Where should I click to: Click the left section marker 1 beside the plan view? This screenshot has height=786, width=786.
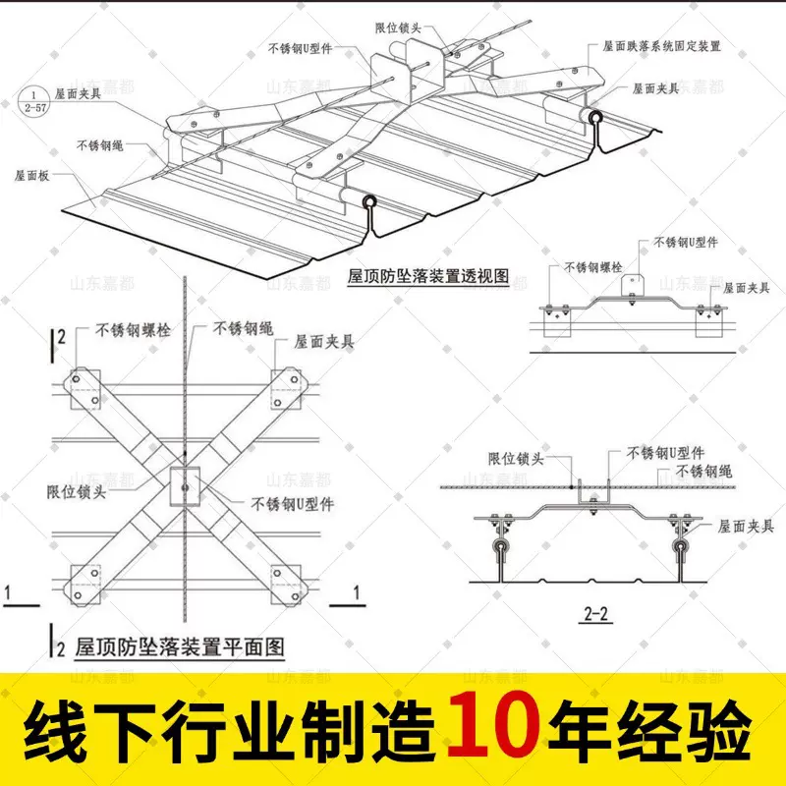pyautogui.click(x=8, y=593)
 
